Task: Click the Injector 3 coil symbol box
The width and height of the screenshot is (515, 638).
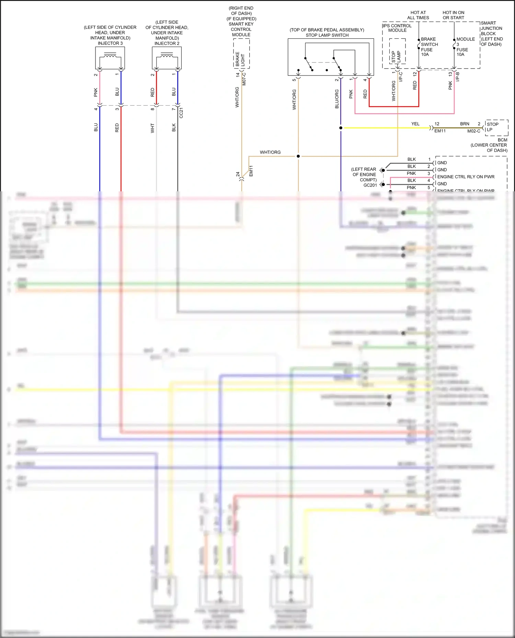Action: [x=110, y=58]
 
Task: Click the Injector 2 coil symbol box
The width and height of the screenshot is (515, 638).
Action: [x=167, y=58]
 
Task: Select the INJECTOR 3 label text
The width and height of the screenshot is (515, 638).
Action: [x=110, y=43]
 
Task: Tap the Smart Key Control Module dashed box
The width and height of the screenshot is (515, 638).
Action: [x=241, y=53]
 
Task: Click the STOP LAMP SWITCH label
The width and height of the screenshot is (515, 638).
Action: [x=327, y=35]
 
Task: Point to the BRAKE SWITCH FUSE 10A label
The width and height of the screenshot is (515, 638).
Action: [x=429, y=47]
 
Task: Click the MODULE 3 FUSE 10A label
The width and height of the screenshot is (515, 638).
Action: [x=465, y=47]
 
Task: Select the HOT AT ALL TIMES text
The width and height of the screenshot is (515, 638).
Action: [x=418, y=15]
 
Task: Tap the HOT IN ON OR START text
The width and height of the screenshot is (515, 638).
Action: [x=453, y=15]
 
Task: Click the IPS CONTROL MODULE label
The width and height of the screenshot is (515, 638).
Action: [x=397, y=28]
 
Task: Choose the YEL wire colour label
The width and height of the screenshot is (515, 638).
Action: [x=415, y=124]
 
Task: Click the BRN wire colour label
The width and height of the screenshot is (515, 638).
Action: [x=465, y=124]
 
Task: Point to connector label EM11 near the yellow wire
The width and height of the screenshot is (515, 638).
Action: [x=440, y=131]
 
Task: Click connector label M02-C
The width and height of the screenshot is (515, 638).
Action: [x=473, y=131]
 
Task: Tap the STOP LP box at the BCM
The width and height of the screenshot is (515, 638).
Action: [x=496, y=127]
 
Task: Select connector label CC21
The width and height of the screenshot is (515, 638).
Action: [x=181, y=113]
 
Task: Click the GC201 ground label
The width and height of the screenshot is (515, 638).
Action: [x=370, y=185]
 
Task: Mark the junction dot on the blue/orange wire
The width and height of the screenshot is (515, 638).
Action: [x=341, y=128]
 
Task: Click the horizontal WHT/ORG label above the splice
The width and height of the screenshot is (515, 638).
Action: [x=270, y=152]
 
